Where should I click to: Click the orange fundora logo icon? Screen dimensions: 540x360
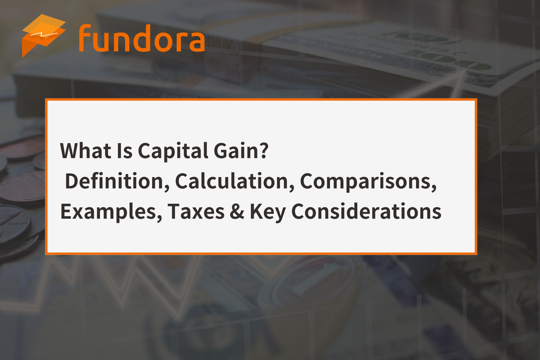pos(43,34)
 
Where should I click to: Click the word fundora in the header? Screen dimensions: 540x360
pos(141,38)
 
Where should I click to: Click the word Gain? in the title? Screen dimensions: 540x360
pos(241,151)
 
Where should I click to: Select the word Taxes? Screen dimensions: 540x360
pos(196,211)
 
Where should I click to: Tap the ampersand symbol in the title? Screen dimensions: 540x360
pos(237,211)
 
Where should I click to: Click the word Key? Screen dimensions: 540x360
pos(268,212)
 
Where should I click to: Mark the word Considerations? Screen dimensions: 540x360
pos(366,211)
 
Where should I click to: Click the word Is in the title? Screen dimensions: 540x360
pos(125,151)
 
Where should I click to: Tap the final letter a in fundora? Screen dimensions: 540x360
pos(195,42)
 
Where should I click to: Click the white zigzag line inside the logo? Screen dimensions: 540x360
pos(43,34)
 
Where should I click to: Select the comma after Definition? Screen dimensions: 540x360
pos(167,188)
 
